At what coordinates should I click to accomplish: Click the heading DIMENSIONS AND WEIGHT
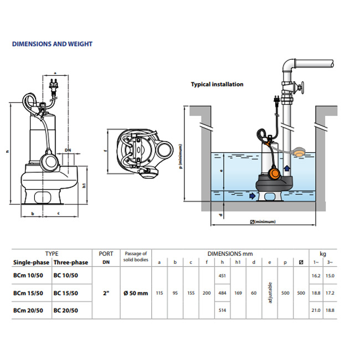pyautogui.click(x=52, y=44)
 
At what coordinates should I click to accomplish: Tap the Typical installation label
pyautogui.click(x=217, y=85)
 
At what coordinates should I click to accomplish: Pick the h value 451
pyautogui.click(x=222, y=275)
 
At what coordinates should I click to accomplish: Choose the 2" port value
pyautogui.click(x=106, y=293)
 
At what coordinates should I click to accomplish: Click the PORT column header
pyautogui.click(x=106, y=253)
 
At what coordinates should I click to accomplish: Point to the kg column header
pyautogui.click(x=323, y=253)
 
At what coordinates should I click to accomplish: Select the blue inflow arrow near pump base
pyautogui.click(x=253, y=196)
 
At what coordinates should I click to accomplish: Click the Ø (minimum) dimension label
pyautogui.click(x=263, y=222)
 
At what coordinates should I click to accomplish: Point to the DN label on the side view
pyautogui.click(x=68, y=150)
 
